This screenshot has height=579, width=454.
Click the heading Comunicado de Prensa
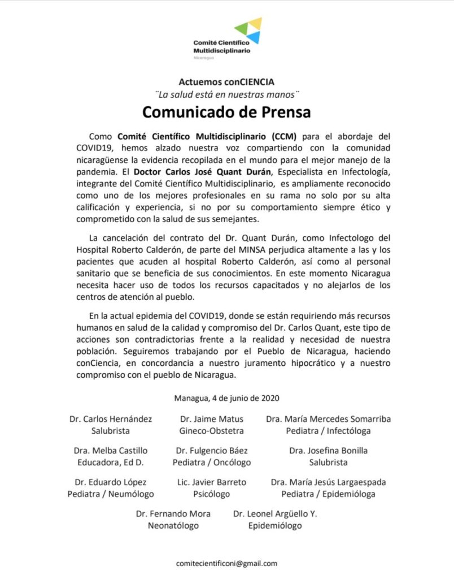tap(226, 111)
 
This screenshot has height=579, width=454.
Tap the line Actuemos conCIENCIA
tap(226, 81)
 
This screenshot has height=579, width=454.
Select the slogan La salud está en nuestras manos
tap(226, 93)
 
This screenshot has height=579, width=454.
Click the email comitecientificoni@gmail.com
tap(226, 563)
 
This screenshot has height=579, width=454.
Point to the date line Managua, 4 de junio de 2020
tap(226, 398)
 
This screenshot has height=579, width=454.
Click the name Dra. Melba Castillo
tap(110, 451)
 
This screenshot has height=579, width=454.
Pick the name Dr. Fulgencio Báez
tap(211, 451)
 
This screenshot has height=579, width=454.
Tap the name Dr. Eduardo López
tap(111, 482)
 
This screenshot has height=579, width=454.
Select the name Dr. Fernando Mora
tap(173, 514)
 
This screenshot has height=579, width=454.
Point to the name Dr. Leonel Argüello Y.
tap(275, 514)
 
